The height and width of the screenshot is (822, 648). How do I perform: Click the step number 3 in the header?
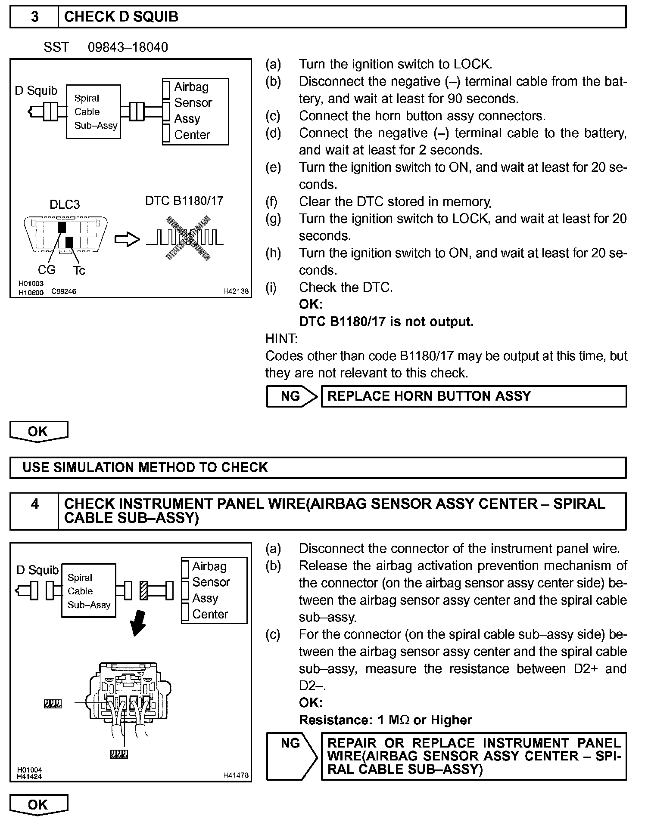coord(34,17)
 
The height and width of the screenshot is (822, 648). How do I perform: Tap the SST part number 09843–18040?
coord(128,47)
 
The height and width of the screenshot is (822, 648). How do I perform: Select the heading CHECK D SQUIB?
coord(121,17)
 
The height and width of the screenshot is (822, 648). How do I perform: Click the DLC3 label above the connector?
coord(65,204)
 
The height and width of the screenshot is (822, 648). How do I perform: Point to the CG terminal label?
coord(47,270)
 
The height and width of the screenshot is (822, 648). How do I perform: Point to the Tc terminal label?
coord(79,270)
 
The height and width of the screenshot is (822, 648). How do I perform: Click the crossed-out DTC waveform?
coord(188,238)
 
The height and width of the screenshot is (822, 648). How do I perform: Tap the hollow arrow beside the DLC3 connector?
coord(127,240)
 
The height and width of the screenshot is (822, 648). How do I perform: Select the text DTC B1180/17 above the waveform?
coord(184,201)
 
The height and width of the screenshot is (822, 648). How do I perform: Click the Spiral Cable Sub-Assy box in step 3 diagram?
coord(93,112)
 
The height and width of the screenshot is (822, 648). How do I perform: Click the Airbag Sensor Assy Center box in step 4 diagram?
coord(214,590)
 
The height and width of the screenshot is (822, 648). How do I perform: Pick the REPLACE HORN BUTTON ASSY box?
coord(474,396)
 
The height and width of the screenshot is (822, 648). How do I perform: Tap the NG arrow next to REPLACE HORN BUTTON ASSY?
coord(292,396)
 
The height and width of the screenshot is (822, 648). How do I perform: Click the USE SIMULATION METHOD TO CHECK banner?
coord(318,467)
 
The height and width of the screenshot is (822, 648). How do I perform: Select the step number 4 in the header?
coord(34,504)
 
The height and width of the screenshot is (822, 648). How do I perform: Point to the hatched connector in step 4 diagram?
coord(144,590)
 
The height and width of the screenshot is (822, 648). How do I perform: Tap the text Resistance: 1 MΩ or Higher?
coord(385,720)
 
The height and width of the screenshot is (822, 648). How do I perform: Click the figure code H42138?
coord(236,291)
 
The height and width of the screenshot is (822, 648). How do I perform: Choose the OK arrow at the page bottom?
coord(38,805)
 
